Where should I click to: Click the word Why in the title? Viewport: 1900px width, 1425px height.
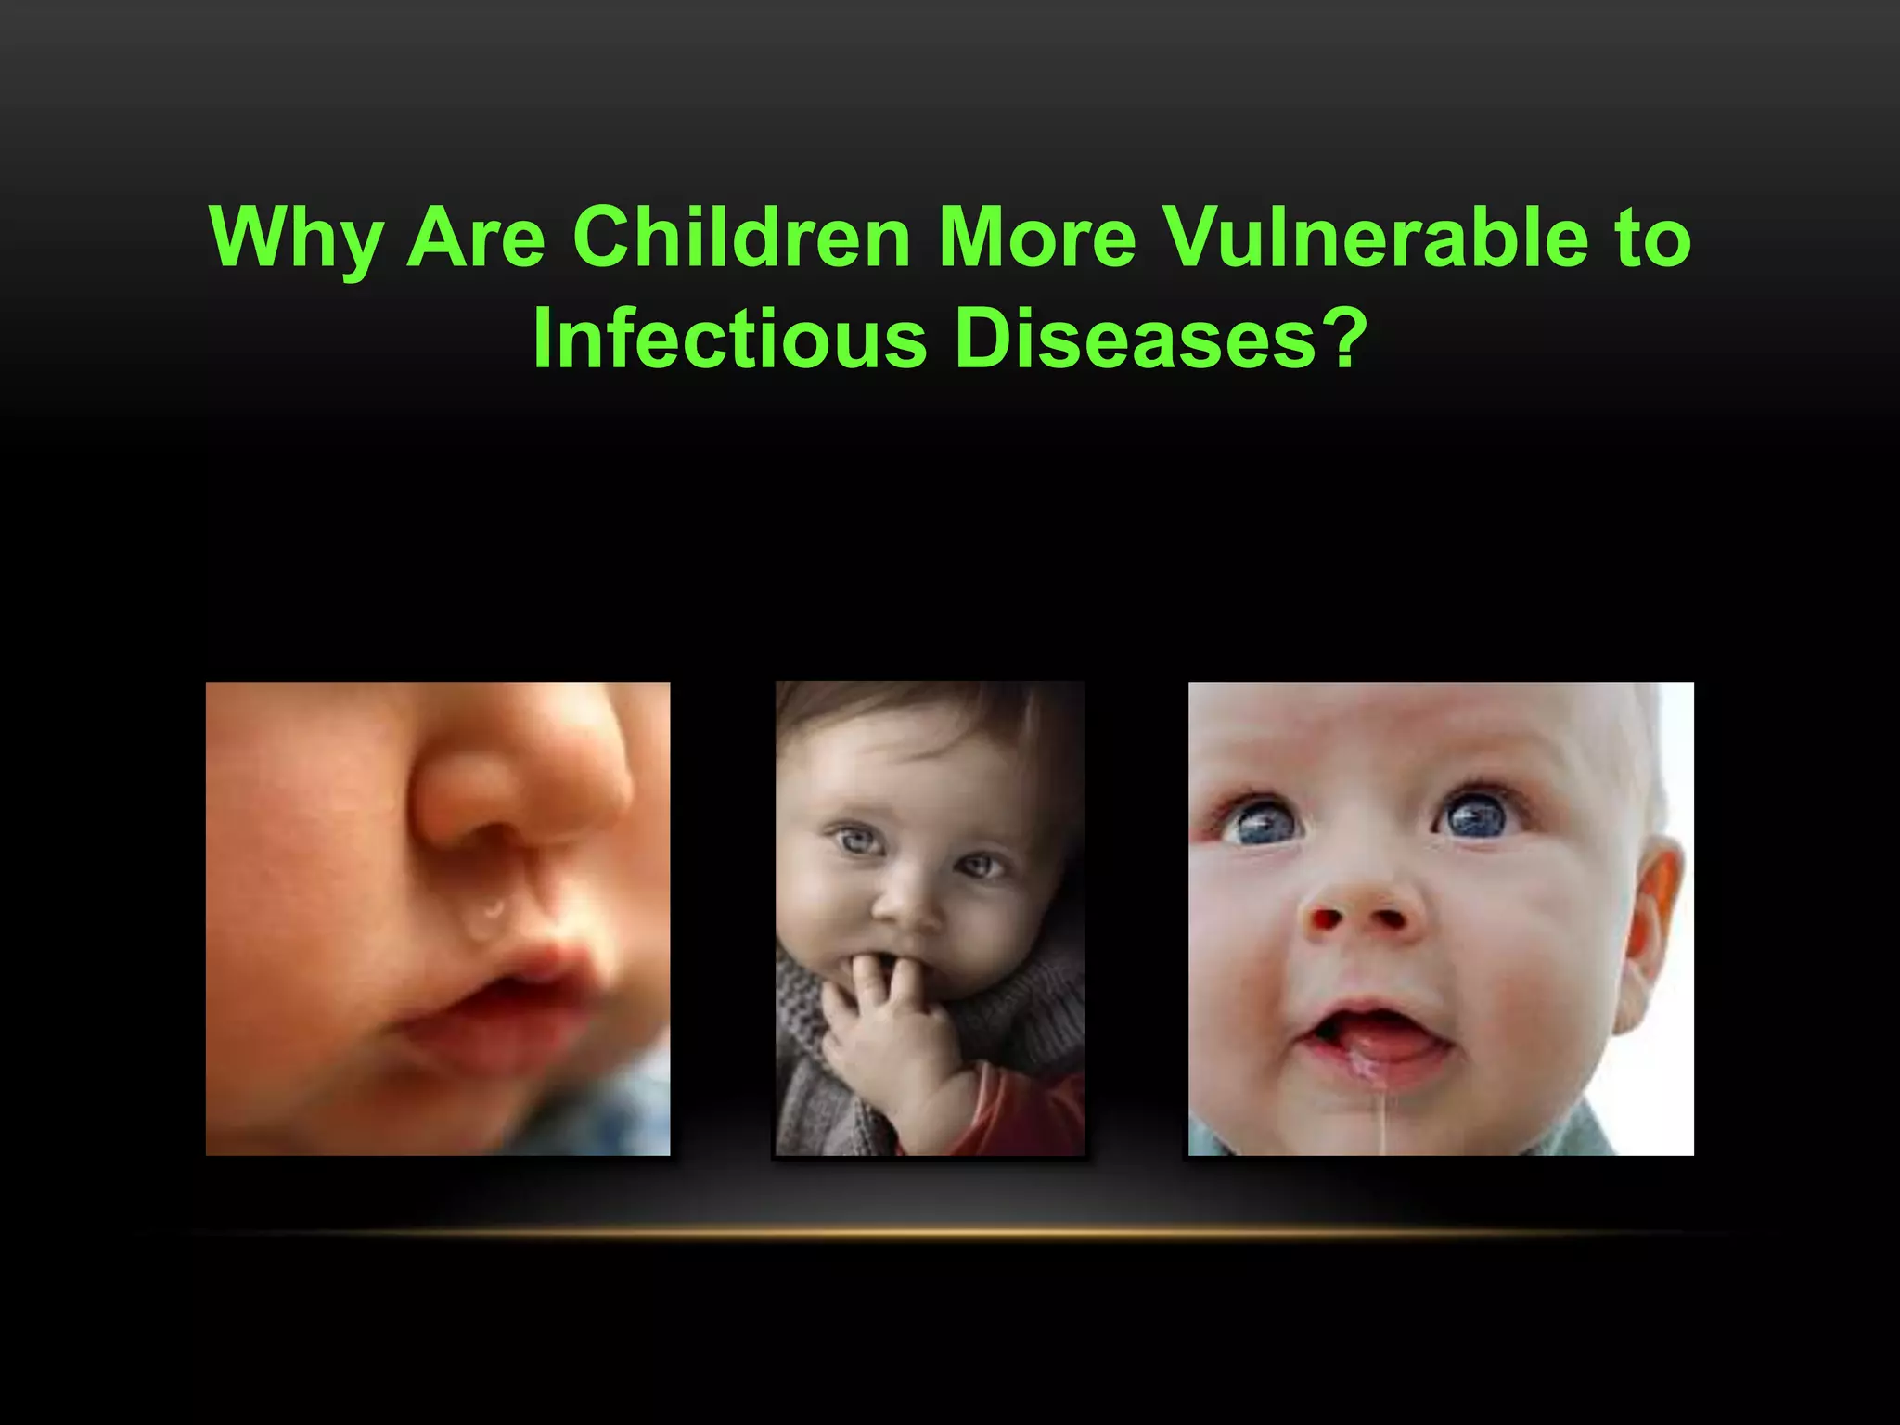pyautogui.click(x=296, y=237)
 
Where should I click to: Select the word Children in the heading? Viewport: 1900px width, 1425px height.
pyautogui.click(x=742, y=237)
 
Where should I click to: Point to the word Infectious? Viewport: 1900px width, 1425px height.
pyautogui.click(x=729, y=338)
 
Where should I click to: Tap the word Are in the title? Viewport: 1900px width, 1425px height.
pyautogui.click(x=477, y=237)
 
